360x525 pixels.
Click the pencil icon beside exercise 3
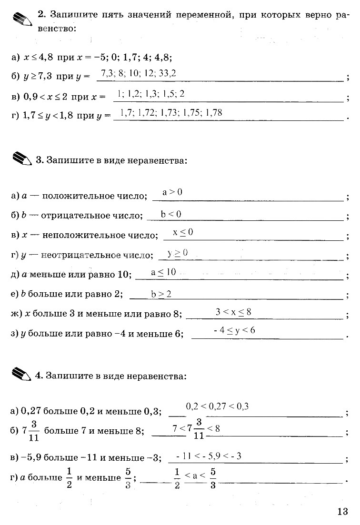tap(20, 159)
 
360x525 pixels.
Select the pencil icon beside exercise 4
tap(20, 374)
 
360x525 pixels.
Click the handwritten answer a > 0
tap(172, 192)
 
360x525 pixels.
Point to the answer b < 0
tap(171, 214)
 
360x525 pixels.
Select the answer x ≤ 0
tap(183, 232)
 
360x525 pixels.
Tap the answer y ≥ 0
tap(178, 253)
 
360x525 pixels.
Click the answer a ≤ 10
tap(163, 272)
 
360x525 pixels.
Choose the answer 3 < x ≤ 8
tap(233, 312)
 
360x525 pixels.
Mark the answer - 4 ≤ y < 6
tap(234, 330)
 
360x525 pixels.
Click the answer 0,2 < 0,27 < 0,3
tap(218, 406)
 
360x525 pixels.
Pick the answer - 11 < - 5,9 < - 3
tap(209, 456)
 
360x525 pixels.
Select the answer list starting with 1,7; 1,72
tap(171, 113)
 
